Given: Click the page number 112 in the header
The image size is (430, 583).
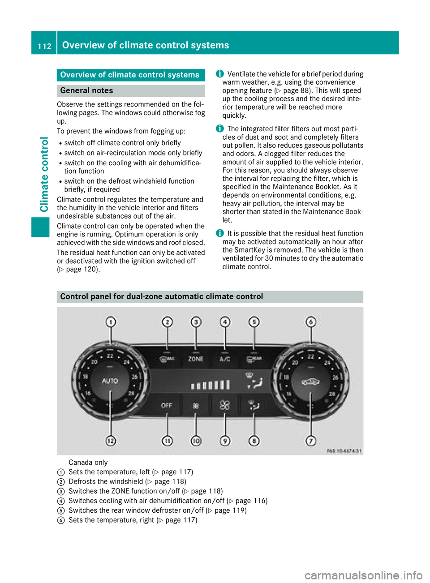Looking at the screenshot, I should point(44,46).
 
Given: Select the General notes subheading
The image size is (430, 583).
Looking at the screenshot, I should point(86,91).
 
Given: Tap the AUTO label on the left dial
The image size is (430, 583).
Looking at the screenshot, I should point(110,381).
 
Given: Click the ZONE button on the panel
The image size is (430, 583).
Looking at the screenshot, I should point(196,359).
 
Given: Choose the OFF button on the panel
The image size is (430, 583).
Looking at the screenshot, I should point(167,405).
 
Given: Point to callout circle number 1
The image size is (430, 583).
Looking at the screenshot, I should point(111,322).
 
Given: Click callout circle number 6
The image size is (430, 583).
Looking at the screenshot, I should point(311,322).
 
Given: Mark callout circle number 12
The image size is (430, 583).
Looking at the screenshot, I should point(111,441).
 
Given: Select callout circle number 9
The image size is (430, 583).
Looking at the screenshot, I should point(225,441).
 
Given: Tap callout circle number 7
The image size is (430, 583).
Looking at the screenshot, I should point(311,441).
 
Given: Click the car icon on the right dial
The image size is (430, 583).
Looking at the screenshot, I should point(310,382).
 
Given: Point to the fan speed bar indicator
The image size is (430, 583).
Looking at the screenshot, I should point(210,385).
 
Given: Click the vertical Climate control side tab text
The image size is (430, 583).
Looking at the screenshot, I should point(44,175).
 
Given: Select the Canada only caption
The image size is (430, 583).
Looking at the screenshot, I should point(88,463).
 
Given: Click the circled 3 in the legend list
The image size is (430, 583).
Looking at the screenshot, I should point(61,491).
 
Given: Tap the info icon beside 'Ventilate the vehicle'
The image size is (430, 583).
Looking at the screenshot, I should point(219,74).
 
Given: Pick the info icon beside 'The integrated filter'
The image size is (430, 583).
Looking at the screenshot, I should point(219,129).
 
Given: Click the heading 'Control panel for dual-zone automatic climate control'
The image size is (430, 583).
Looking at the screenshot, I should point(162,296).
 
